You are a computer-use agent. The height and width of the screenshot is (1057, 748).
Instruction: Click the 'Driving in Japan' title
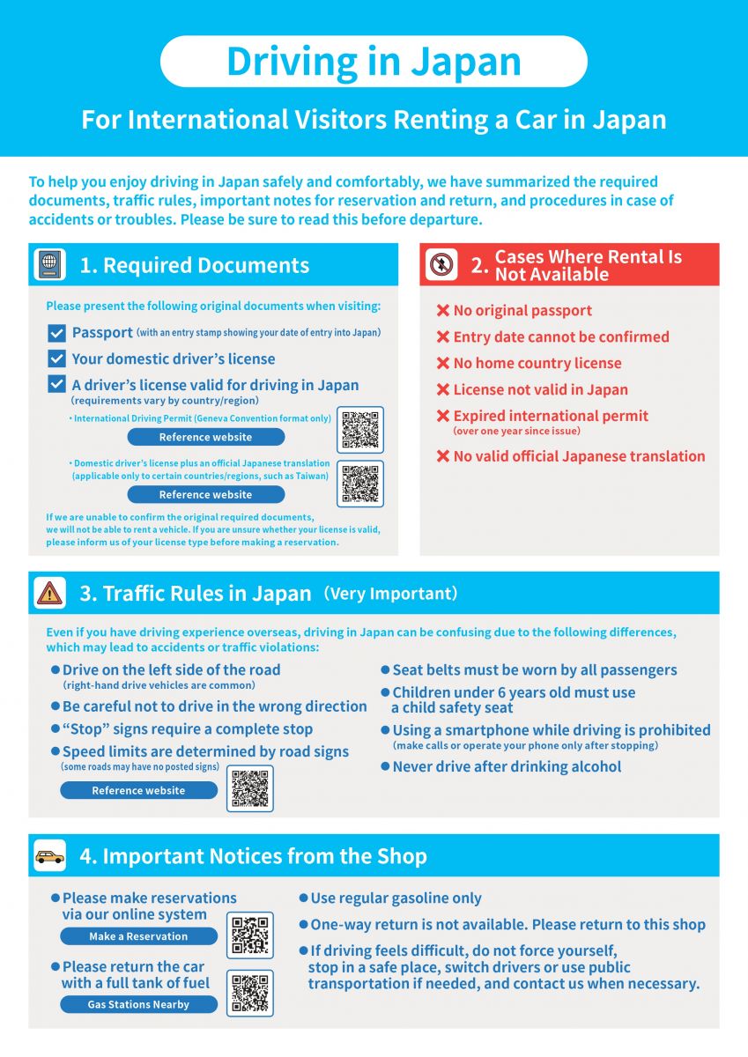(x=374, y=62)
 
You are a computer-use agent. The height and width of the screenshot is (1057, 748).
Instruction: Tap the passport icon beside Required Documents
(x=49, y=264)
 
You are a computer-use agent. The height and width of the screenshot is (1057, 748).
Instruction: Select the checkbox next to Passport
(x=56, y=333)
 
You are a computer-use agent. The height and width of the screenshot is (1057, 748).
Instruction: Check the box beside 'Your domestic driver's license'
(x=56, y=358)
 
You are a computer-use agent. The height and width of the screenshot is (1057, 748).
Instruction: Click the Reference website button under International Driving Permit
(x=206, y=437)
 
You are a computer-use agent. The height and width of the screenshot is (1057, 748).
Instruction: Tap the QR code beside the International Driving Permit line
(x=360, y=430)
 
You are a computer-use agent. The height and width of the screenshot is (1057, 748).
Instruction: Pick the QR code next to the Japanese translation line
(x=360, y=484)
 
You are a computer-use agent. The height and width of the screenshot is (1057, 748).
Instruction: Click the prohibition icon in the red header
(x=441, y=264)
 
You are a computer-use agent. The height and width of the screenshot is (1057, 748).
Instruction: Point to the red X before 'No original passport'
(x=442, y=310)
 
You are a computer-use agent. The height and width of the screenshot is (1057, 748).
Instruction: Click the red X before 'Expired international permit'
(x=442, y=416)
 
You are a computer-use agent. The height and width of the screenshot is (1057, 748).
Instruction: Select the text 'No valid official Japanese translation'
(x=579, y=456)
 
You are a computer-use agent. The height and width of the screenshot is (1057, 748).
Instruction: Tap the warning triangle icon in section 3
(x=49, y=593)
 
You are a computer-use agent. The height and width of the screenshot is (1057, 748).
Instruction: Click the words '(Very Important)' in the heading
(x=390, y=593)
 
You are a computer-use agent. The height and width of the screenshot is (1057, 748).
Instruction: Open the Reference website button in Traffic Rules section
(x=138, y=790)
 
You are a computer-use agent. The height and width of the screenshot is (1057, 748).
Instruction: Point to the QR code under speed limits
(x=250, y=788)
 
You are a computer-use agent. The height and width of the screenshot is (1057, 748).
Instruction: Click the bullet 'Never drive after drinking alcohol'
(x=500, y=767)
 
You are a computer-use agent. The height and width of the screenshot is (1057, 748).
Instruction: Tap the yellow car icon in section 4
(x=49, y=855)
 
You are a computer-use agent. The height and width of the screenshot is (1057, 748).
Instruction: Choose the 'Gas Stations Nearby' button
(x=138, y=1005)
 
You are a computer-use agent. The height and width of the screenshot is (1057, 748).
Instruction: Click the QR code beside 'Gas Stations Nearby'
(x=250, y=994)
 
